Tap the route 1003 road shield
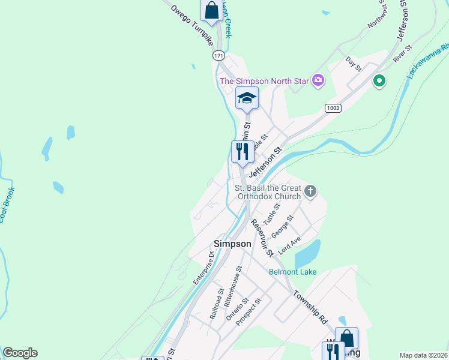333,107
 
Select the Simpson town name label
232,244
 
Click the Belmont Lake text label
292,272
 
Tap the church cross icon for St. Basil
310,191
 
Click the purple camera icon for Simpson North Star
318,80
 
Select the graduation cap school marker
247,98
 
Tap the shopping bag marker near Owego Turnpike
211,10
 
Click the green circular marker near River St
379,80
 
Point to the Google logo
20,353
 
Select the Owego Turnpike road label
192,26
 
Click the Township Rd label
310,308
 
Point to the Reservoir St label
262,237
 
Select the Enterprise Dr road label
204,266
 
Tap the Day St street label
354,64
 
